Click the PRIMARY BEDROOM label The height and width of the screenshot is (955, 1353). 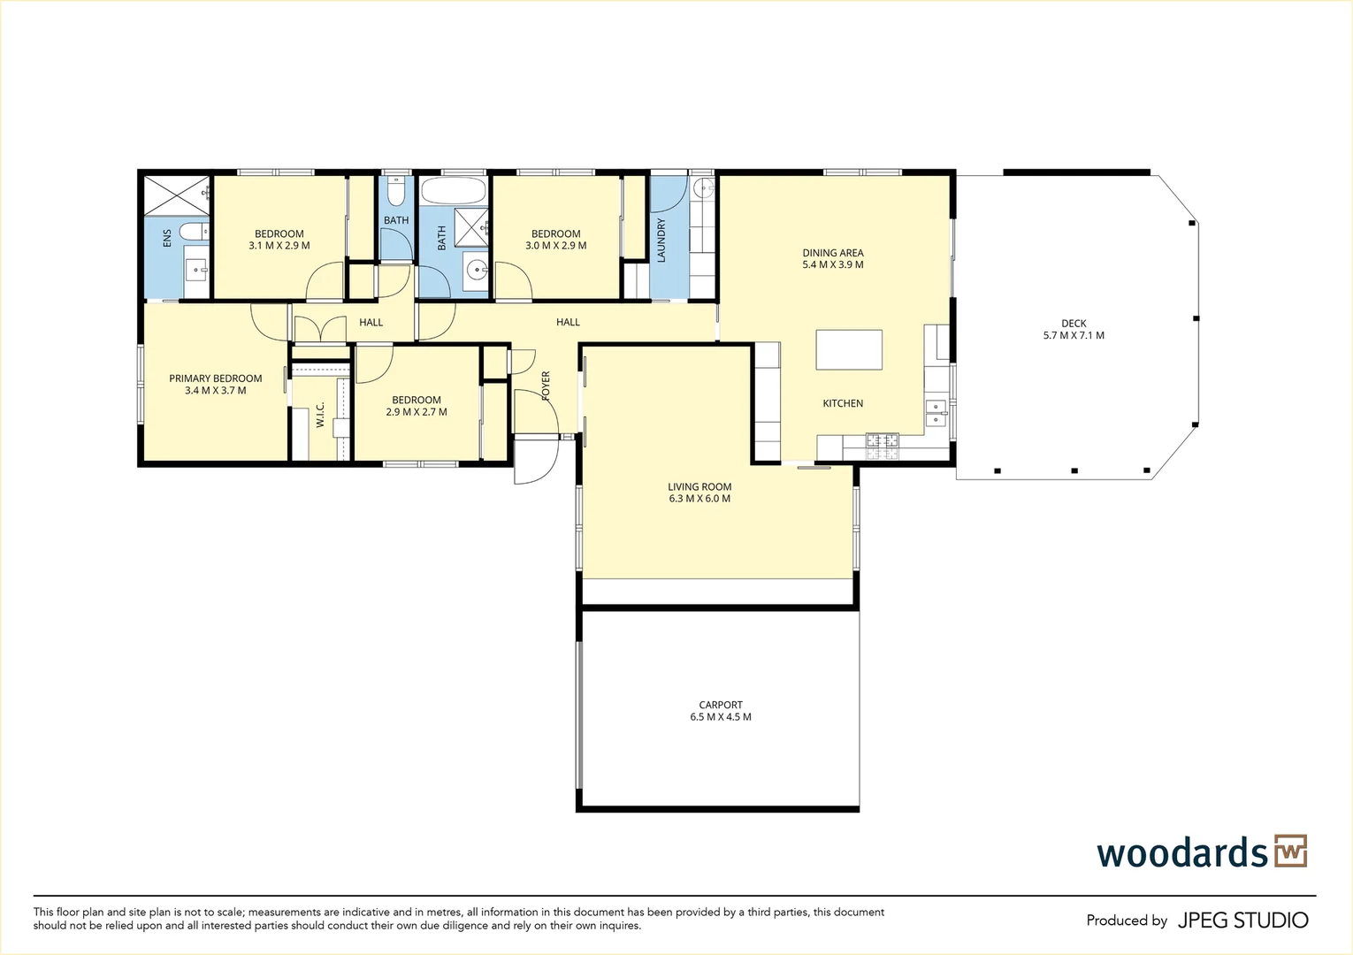pyautogui.click(x=216, y=378)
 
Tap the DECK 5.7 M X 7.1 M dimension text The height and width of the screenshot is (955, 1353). pyautogui.click(x=1074, y=336)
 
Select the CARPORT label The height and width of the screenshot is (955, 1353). pyautogui.click(x=721, y=705)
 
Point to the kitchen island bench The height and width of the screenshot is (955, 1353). pyautogui.click(x=849, y=349)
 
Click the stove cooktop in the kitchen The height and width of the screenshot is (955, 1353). pyautogui.click(x=882, y=445)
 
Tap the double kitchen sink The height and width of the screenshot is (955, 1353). pyautogui.click(x=935, y=413)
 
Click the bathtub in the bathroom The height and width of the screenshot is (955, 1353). pyautogui.click(x=453, y=191)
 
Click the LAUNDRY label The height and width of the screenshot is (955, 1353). pyautogui.click(x=661, y=241)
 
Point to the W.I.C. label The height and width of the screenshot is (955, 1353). pyautogui.click(x=320, y=415)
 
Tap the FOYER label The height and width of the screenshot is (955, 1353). pyautogui.click(x=546, y=386)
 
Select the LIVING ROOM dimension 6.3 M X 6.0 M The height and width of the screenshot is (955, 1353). pyautogui.click(x=699, y=499)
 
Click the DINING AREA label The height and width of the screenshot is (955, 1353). pyautogui.click(x=832, y=253)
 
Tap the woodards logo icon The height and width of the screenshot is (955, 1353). pyautogui.click(x=1290, y=852)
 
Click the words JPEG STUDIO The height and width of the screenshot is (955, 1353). pyautogui.click(x=1242, y=921)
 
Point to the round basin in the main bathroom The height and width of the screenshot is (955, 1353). pyautogui.click(x=478, y=269)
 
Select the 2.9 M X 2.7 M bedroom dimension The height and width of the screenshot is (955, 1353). pyautogui.click(x=417, y=412)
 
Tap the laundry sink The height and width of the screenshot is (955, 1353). pyautogui.click(x=703, y=187)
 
